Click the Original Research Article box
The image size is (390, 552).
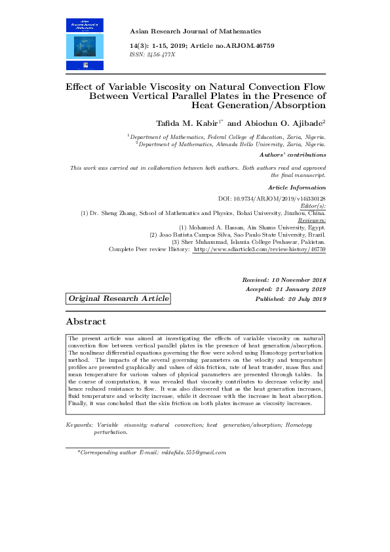118,298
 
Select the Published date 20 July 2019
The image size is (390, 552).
307,299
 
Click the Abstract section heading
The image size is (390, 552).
86,321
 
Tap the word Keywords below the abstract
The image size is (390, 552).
79,425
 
